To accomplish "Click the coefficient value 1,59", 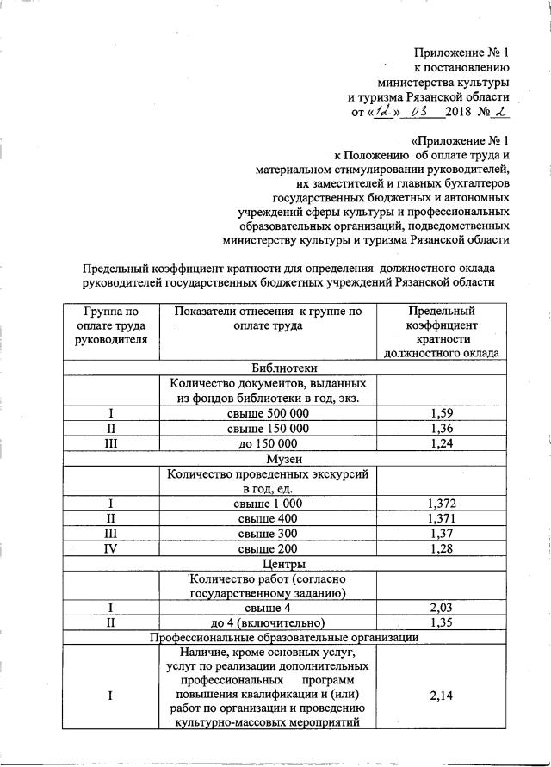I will tap(441, 413).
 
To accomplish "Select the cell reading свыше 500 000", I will tap(268, 413).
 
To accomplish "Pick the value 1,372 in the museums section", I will tap(441, 503).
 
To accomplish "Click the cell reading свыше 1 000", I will tap(268, 503).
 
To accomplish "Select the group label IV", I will tap(110, 549).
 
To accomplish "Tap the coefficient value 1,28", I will tap(441, 549).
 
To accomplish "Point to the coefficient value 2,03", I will tap(441, 608).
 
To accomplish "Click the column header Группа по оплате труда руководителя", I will tap(110, 325).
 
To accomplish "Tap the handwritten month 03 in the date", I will tap(421, 111).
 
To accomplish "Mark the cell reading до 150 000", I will tap(268, 443).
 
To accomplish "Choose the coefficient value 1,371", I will tap(441, 518).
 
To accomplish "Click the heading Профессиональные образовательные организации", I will tap(284, 638).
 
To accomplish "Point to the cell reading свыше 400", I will tap(268, 518).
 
